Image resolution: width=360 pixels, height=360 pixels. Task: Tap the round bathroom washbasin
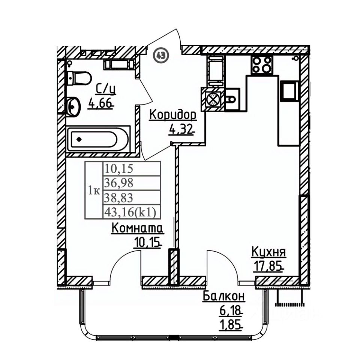click(x=73, y=106)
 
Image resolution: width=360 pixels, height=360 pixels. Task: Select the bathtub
click(x=98, y=139)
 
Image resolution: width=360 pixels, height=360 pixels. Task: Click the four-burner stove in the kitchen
click(x=262, y=65)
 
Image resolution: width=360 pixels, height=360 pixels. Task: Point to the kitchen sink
click(x=232, y=99)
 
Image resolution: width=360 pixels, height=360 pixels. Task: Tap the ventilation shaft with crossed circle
click(x=213, y=100)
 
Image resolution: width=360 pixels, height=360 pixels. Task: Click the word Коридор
click(x=173, y=115)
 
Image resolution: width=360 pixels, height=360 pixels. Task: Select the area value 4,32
click(x=180, y=130)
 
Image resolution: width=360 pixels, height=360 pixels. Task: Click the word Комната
click(x=138, y=228)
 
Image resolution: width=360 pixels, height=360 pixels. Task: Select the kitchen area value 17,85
click(x=268, y=266)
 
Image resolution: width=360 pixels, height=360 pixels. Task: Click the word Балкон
click(x=224, y=297)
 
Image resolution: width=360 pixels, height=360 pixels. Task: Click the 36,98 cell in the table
click(x=132, y=183)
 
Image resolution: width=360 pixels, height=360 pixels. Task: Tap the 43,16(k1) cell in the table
click(x=132, y=211)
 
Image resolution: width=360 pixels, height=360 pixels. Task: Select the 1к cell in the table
click(x=94, y=190)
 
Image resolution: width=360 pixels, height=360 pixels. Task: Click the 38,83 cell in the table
click(x=132, y=197)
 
